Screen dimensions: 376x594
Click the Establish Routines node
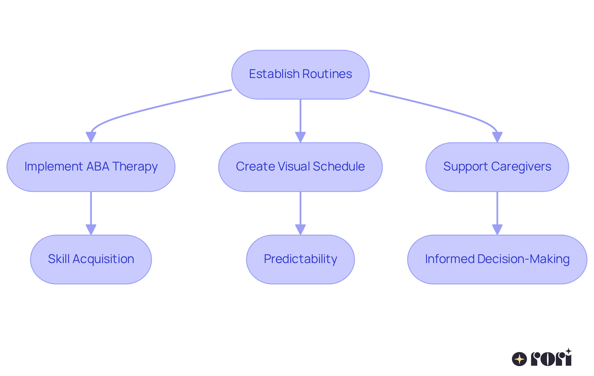(300, 75)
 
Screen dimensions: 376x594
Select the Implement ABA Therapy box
(91, 167)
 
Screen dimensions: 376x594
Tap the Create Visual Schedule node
(300, 167)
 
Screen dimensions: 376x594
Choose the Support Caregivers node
(497, 167)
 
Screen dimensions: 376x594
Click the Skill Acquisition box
(91, 259)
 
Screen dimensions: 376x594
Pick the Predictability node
(300, 259)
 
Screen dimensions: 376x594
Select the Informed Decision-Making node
(497, 259)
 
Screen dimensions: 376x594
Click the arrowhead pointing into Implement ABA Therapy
(91, 137)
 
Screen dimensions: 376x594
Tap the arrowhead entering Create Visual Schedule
(300, 137)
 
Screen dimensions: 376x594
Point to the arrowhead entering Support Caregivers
(497, 137)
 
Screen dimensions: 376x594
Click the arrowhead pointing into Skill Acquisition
(91, 230)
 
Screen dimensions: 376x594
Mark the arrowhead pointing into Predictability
(300, 230)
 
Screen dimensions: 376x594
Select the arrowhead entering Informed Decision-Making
(497, 230)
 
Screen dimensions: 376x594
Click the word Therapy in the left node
(135, 167)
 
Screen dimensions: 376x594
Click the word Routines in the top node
(327, 74)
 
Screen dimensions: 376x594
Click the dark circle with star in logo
(519, 359)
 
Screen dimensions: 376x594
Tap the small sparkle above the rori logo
(568, 351)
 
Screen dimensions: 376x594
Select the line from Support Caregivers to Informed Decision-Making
(497, 207)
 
